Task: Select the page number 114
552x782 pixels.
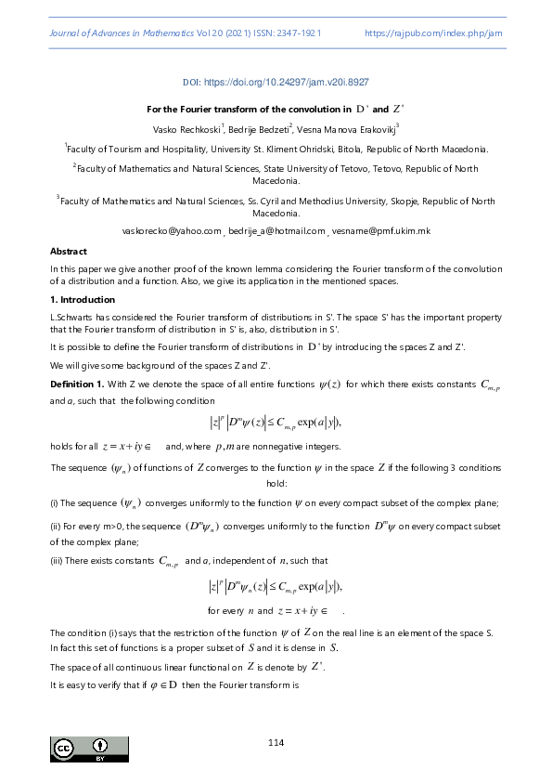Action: [x=276, y=741]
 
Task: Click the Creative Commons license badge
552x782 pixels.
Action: [x=89, y=749]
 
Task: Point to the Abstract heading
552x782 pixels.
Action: [x=68, y=251]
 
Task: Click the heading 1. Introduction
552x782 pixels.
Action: [x=82, y=300]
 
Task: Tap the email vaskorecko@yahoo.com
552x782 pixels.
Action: [x=173, y=230]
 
